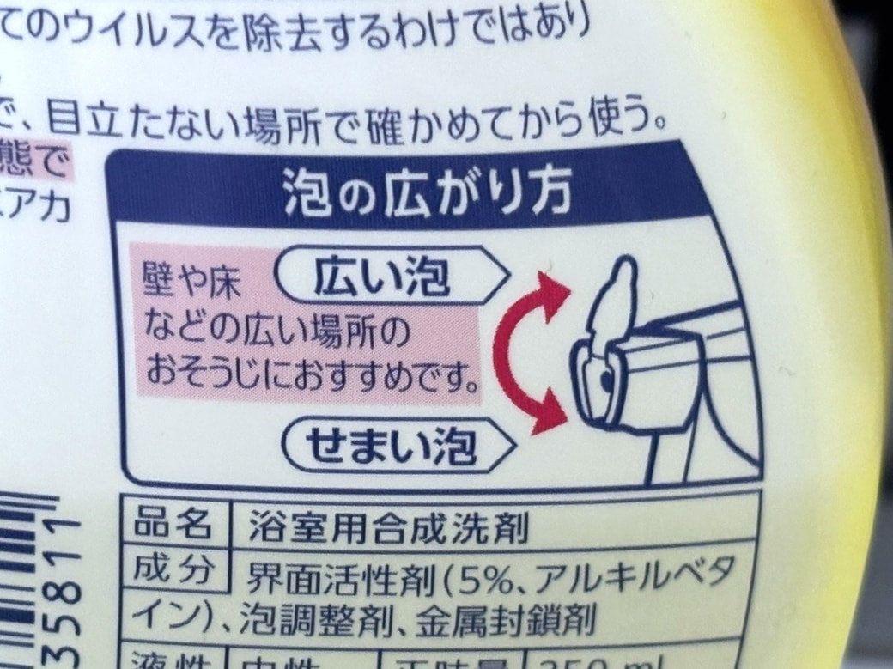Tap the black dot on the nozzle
click(x=607, y=378)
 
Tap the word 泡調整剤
click(x=308, y=617)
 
